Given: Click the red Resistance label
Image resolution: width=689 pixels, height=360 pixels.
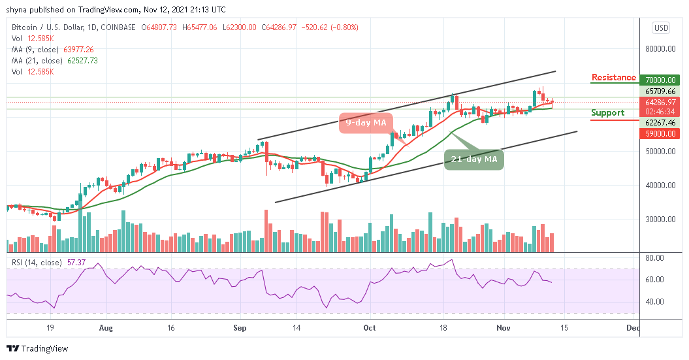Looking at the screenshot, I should pyautogui.click(x=613, y=78).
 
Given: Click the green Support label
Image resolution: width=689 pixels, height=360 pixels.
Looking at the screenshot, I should pyautogui.click(x=607, y=112).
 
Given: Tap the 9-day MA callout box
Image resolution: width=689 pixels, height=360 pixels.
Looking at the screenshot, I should pyautogui.click(x=366, y=123).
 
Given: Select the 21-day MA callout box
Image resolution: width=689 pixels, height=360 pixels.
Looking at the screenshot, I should pyautogui.click(x=474, y=159).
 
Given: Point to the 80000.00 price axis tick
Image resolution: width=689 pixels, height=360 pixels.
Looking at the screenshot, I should pyautogui.click(x=660, y=49).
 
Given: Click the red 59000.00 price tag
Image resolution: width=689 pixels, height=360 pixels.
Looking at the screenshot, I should pyautogui.click(x=660, y=133).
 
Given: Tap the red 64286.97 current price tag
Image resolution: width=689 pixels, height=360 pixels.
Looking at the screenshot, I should pyautogui.click(x=660, y=102).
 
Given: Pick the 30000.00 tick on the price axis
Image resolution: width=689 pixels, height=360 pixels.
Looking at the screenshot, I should pyautogui.click(x=660, y=220).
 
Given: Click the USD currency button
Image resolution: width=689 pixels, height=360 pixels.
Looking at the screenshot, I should pyautogui.click(x=661, y=28).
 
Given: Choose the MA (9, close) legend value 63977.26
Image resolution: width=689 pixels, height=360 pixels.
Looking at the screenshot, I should pyautogui.click(x=77, y=49).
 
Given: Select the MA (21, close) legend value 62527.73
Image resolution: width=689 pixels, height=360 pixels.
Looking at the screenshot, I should pyautogui.click(x=79, y=60).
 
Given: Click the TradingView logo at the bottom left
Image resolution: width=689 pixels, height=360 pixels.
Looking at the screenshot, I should pyautogui.click(x=37, y=349).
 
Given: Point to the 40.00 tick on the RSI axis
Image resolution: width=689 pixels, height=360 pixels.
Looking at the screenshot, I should pyautogui.click(x=656, y=302).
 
